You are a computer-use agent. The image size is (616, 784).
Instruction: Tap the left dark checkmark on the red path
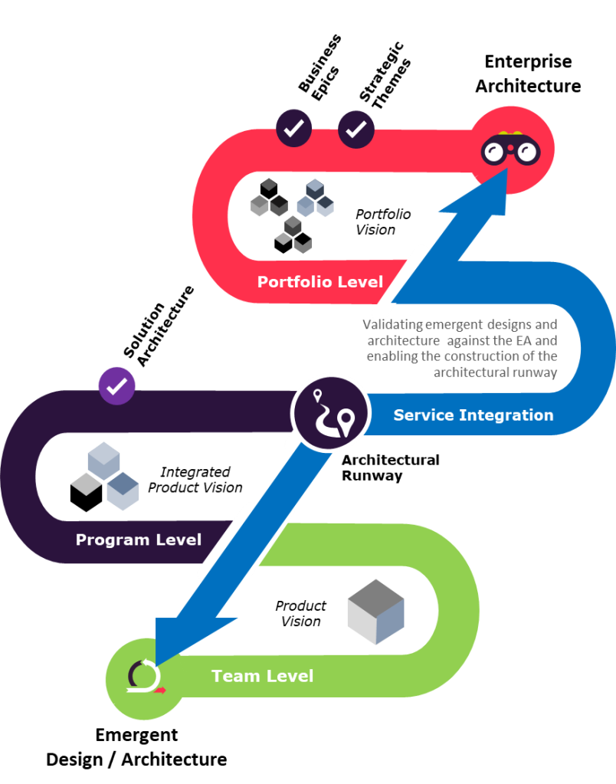294,129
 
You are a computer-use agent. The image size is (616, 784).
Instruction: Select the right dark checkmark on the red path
356,130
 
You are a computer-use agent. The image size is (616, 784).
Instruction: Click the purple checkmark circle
116,385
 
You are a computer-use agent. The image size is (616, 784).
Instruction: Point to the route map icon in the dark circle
330,413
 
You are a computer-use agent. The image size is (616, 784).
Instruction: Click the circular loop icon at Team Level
144,677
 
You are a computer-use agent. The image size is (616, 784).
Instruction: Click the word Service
424,415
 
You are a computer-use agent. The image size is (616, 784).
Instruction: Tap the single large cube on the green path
375,611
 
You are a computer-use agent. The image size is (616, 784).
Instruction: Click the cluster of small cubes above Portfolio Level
292,212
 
